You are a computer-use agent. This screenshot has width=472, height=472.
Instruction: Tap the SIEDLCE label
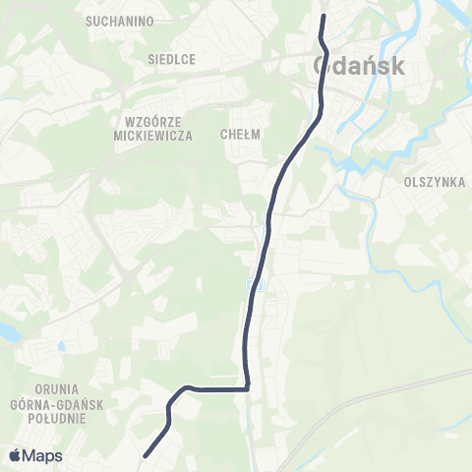tap(171, 59)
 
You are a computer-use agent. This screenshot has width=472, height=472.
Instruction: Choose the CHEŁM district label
tap(240, 136)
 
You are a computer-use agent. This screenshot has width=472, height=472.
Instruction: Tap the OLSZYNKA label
tap(434, 182)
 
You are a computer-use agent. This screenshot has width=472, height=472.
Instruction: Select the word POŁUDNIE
tap(60, 418)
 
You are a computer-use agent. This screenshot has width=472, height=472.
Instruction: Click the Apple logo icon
tap(15, 455)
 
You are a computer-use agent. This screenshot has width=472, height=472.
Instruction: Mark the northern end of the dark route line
tap(323, 15)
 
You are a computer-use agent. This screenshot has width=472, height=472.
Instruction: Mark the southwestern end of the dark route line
tap(146, 455)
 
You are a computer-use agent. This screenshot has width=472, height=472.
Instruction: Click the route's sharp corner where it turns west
tap(247, 388)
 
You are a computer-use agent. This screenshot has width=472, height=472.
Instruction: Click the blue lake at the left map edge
tap(5, 332)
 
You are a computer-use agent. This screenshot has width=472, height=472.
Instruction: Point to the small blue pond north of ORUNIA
tap(61, 346)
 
